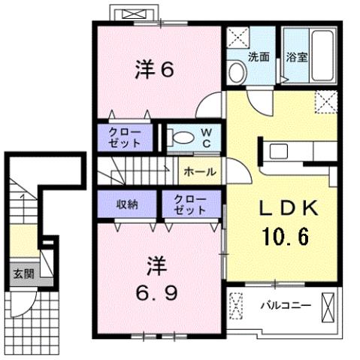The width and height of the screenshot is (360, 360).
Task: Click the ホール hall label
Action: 199,171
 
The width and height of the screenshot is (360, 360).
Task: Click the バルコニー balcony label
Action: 286,306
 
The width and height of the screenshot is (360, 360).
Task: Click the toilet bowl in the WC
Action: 179,137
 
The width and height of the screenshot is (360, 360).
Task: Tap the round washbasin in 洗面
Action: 236,72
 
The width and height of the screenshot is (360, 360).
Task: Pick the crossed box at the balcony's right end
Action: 328,307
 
